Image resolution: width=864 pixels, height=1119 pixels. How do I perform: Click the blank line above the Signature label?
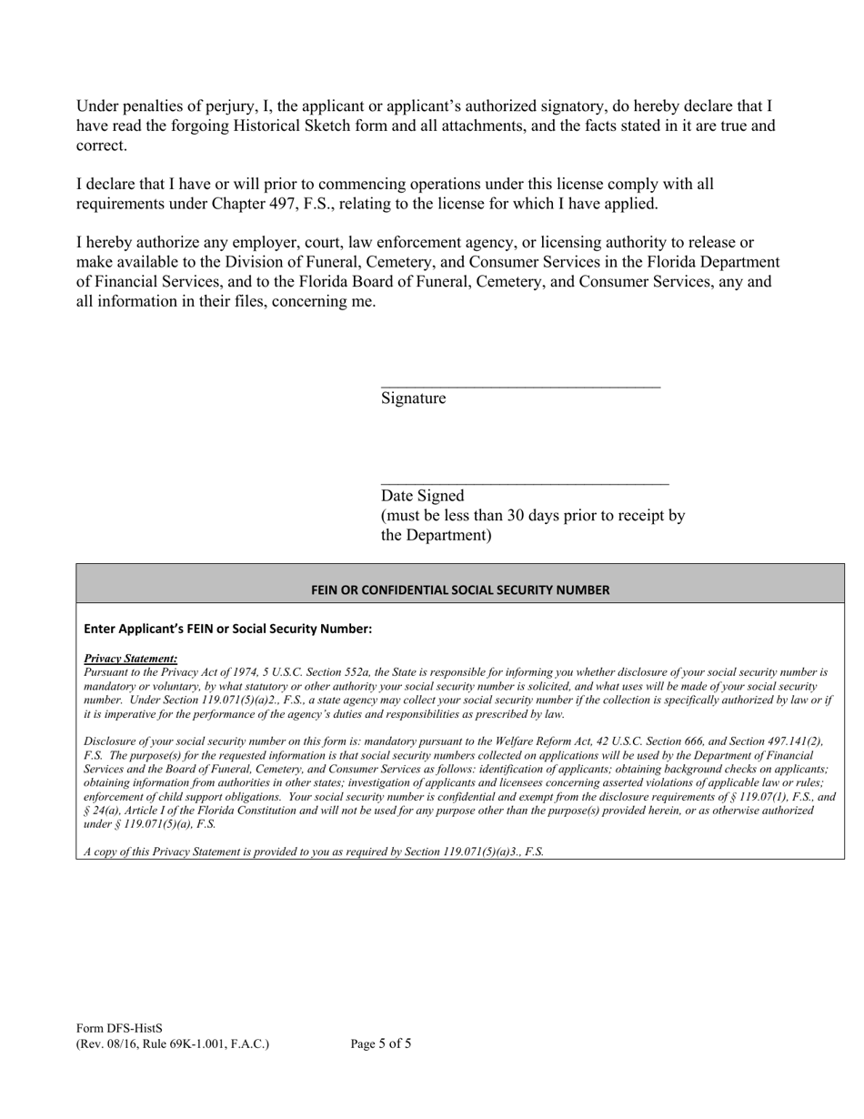tap(520, 387)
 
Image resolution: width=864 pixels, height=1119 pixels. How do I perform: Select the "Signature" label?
tap(413, 398)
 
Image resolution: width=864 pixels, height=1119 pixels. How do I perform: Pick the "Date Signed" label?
tap(422, 496)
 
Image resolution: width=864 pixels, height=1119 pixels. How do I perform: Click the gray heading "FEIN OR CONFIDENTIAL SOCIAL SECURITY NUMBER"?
tap(460, 590)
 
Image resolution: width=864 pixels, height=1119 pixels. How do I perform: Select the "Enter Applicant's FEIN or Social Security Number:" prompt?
tap(227, 629)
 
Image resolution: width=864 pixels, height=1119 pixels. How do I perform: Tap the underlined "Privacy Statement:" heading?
tap(130, 659)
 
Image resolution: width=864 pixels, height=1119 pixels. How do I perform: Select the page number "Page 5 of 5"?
tap(380, 1043)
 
